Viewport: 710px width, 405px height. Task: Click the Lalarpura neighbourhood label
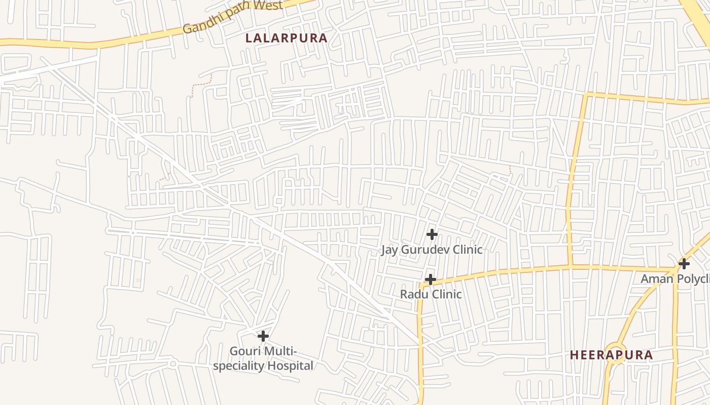(x=287, y=38)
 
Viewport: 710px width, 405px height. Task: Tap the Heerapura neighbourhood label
(x=611, y=355)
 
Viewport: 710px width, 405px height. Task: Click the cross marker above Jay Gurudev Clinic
(x=432, y=234)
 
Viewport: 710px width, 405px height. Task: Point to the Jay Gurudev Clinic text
(x=432, y=250)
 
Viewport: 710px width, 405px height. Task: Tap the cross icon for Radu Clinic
(x=430, y=279)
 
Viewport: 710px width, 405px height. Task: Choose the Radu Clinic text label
(x=431, y=294)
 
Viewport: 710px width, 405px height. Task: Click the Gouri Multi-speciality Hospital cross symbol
(x=263, y=336)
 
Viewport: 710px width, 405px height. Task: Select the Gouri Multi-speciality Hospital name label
(x=263, y=358)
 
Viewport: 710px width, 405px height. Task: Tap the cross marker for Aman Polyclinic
(x=684, y=264)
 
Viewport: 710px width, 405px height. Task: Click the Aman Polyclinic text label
(x=675, y=279)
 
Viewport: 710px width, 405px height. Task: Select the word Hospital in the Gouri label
(x=290, y=366)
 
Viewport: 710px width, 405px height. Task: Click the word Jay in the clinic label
(x=389, y=250)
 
